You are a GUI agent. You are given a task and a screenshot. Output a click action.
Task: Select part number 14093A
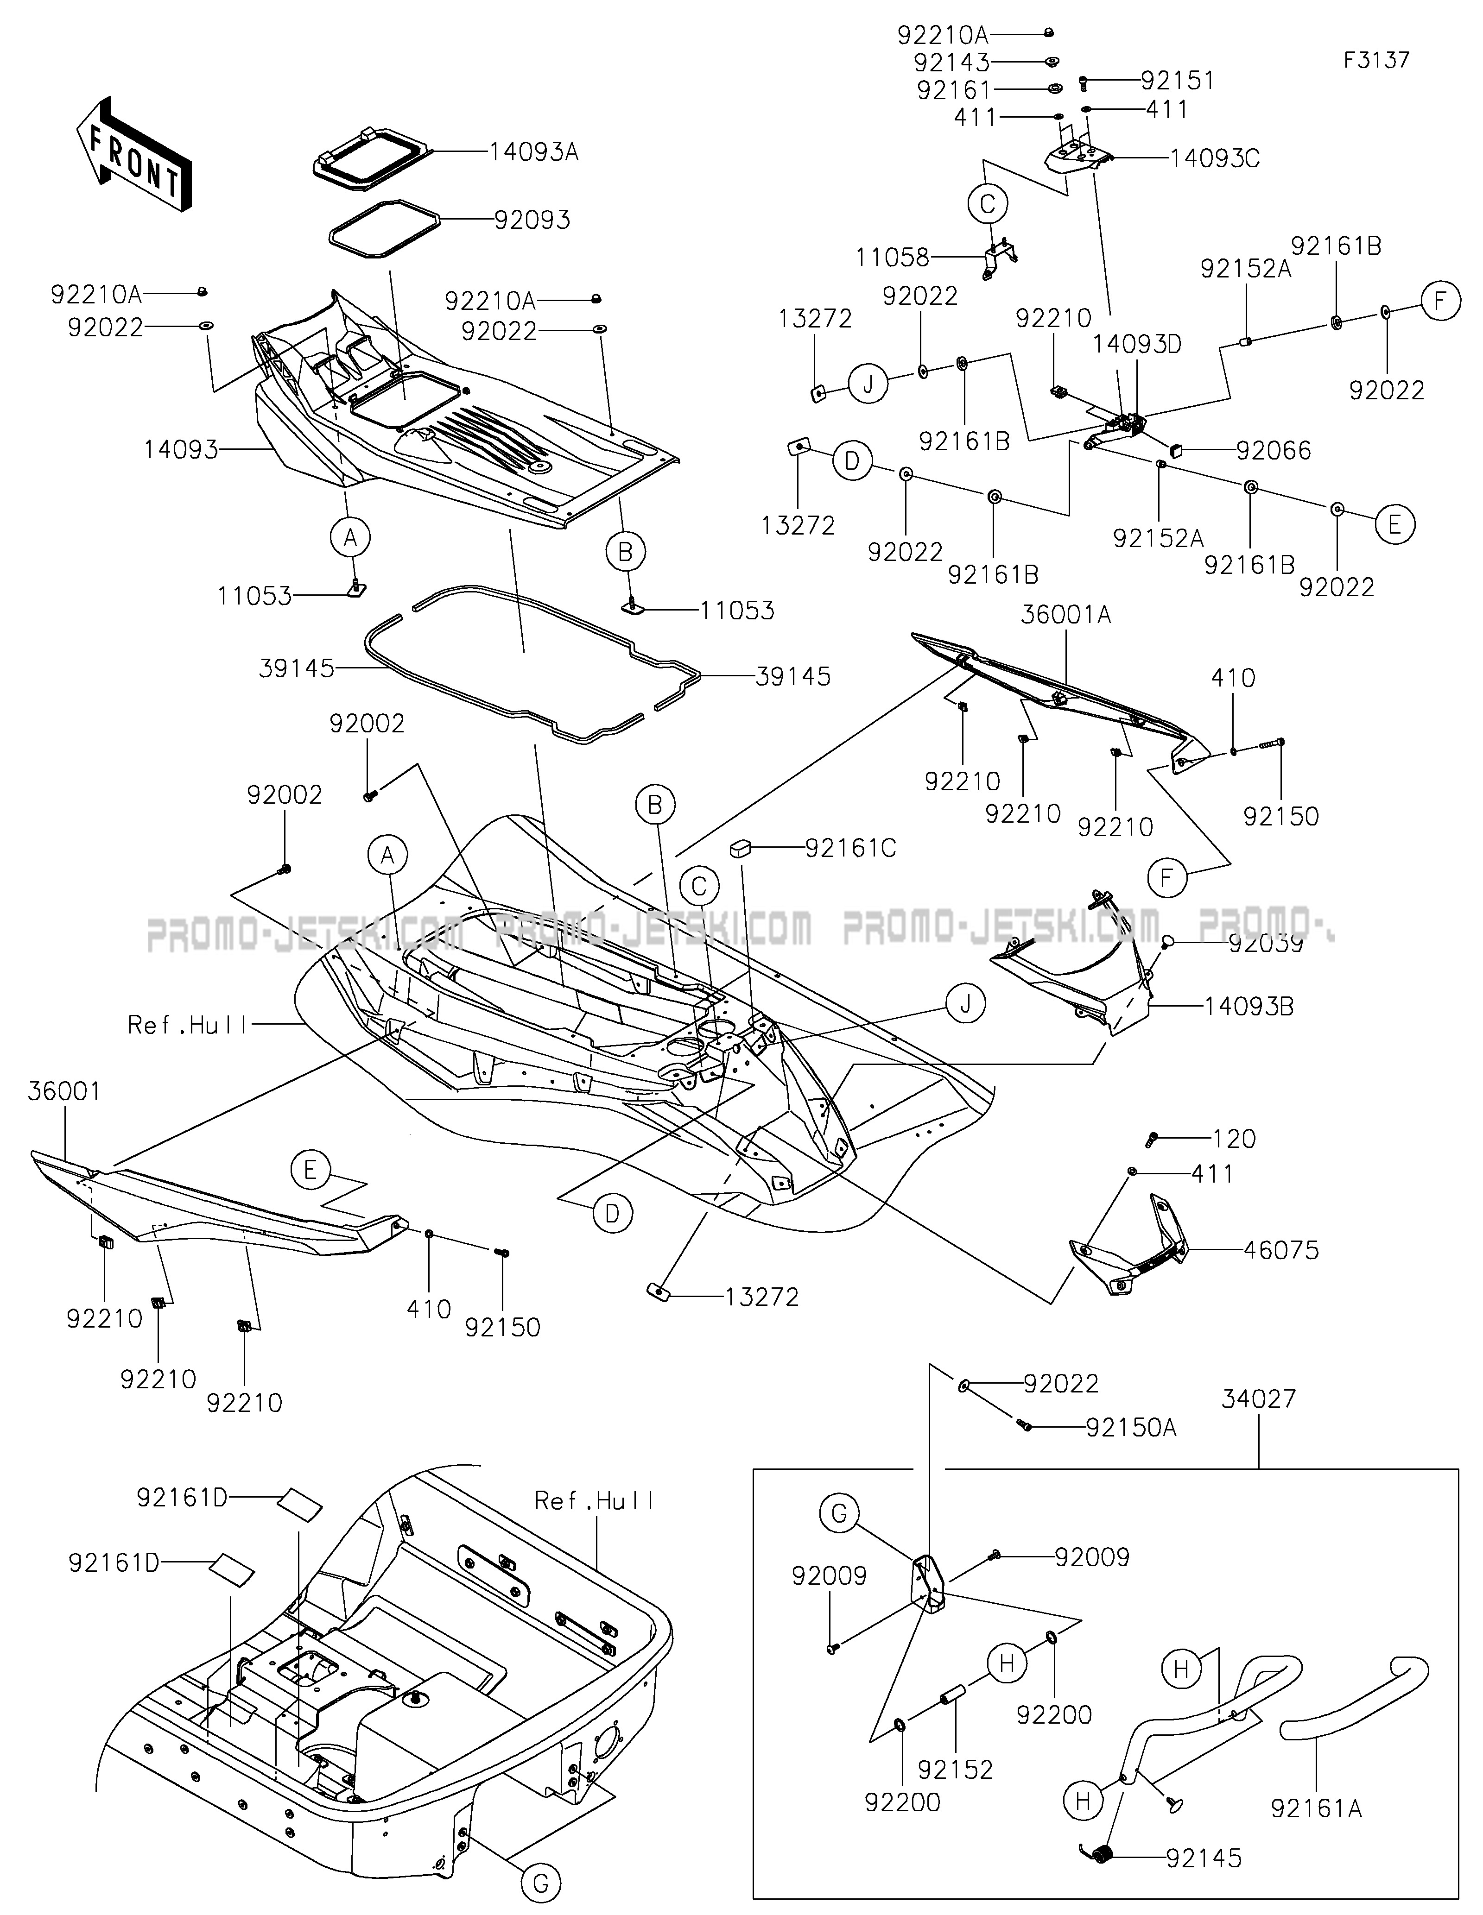(x=534, y=151)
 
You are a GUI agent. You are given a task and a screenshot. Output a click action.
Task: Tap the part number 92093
(x=532, y=219)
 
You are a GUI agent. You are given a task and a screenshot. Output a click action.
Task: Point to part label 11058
(x=892, y=257)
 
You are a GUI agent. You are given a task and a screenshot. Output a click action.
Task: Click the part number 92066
(x=1274, y=451)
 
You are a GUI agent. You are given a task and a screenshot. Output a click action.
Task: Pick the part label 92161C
(x=851, y=849)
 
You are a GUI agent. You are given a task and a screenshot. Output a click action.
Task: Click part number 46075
(x=1281, y=1250)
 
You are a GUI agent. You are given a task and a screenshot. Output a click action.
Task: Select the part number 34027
(x=1259, y=1398)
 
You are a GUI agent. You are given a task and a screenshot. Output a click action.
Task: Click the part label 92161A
(x=1316, y=1808)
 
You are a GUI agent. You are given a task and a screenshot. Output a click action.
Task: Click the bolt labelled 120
(x=1153, y=1140)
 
